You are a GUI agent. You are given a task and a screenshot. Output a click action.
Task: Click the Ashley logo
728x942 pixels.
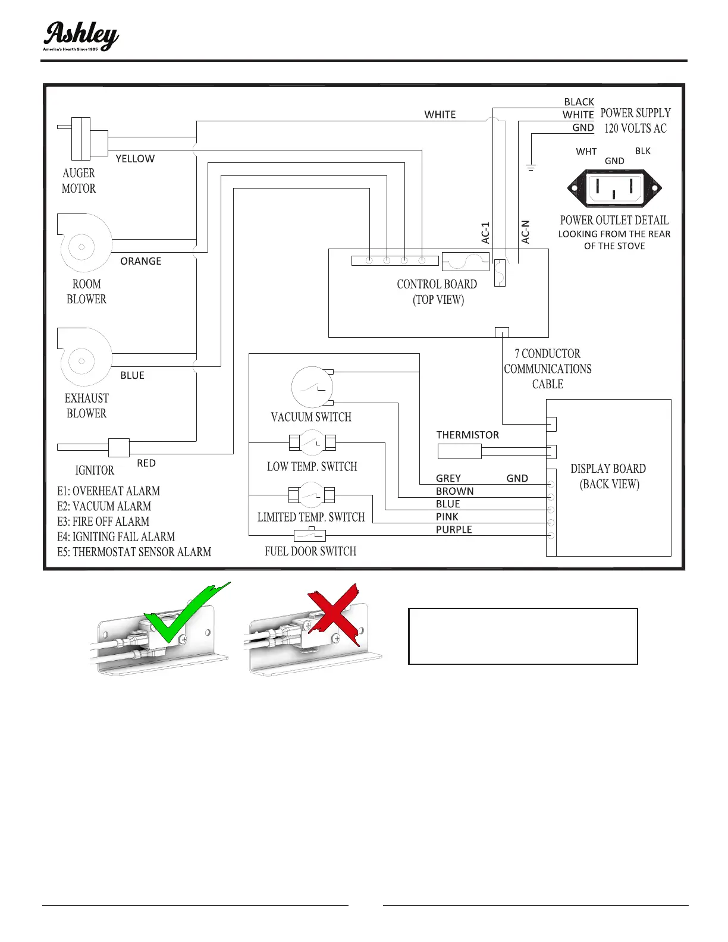coord(80,37)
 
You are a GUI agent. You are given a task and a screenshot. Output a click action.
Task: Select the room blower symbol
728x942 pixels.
coord(85,244)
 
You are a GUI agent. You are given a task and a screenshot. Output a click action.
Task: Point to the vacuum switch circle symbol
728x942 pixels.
coord(312,387)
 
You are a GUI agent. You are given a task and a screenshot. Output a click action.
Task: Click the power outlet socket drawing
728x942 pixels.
coord(614,188)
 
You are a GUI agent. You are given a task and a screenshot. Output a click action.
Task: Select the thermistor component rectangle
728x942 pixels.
coord(459,451)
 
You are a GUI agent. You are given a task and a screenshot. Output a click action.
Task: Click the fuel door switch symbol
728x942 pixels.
coord(310,535)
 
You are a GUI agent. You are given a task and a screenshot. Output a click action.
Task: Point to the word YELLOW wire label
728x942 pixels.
coord(135,159)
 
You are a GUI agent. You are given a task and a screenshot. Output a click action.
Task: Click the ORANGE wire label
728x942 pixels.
coord(141,261)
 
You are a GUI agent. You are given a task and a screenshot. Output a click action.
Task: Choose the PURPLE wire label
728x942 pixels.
coord(454,529)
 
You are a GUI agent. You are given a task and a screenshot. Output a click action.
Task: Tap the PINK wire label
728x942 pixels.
coord(447,517)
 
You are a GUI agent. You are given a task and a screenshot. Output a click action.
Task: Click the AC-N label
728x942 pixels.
coord(525,232)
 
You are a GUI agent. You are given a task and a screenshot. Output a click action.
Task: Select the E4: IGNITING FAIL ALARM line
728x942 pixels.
coord(116,536)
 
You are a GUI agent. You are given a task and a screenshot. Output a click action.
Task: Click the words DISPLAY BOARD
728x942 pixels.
coord(608,469)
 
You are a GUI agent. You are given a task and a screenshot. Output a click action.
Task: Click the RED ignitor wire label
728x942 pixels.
coord(146,463)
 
